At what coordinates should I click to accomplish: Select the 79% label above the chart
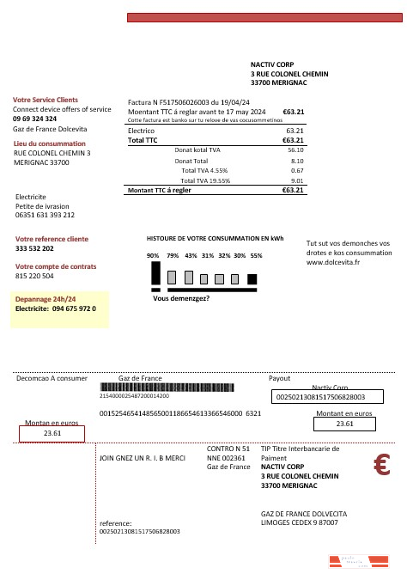173,256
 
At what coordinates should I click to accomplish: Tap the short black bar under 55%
252,278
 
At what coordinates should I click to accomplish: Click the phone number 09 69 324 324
35,119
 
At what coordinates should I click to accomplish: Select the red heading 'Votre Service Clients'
45,101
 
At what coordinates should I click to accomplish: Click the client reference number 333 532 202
34,248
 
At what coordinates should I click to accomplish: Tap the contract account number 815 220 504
34,277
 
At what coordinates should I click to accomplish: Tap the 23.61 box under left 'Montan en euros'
52,435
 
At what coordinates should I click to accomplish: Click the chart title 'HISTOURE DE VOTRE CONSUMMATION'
215,237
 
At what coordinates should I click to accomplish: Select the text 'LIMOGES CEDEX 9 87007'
299,522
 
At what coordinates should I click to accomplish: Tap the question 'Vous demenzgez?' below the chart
181,299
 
